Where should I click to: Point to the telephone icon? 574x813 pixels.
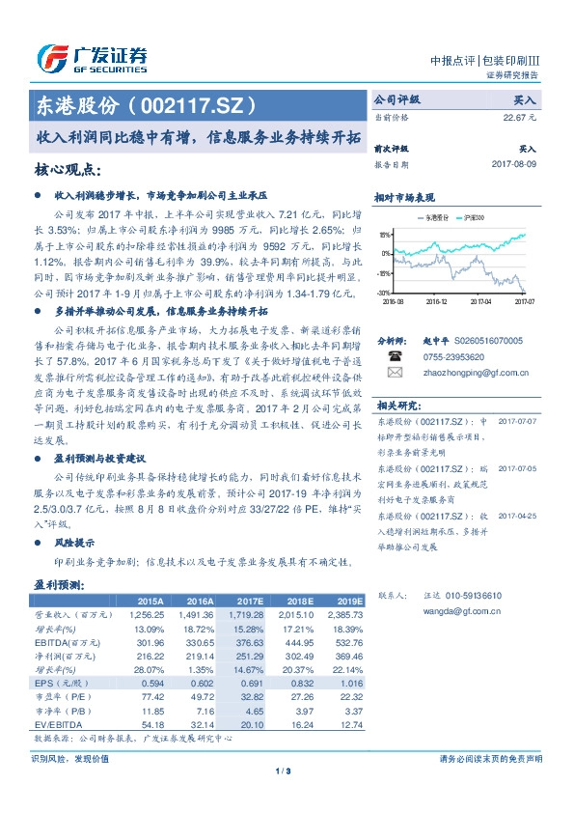[x=393, y=354]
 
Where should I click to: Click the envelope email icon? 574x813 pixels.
[x=393, y=371]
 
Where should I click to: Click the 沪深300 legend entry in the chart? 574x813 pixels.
[x=470, y=218]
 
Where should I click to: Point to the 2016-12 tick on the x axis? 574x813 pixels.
[x=436, y=301]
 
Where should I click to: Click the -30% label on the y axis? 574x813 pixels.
[x=384, y=292]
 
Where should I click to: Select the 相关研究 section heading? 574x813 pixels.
[x=396, y=406]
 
